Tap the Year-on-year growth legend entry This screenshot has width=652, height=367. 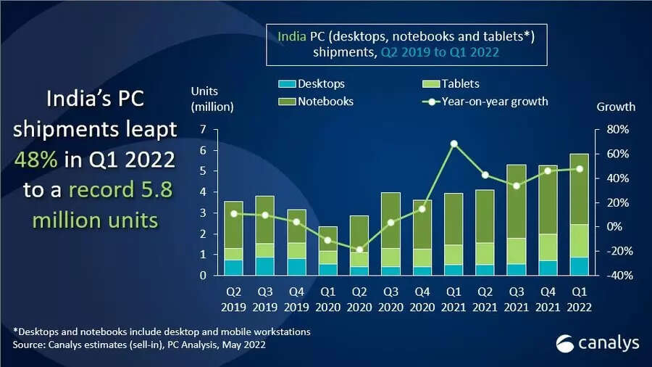pos(485,102)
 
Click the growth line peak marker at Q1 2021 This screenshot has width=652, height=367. pos(454,144)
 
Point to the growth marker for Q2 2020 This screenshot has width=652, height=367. pos(359,250)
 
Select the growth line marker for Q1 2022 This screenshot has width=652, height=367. pos(580,169)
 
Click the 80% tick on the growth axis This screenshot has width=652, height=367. pos(608,130)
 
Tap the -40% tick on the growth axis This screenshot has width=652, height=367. pos(609,276)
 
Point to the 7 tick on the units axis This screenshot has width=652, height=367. pos(203,130)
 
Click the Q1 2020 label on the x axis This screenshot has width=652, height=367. pos(327,300)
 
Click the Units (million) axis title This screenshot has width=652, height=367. pos(212,99)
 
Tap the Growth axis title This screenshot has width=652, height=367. pos(616,107)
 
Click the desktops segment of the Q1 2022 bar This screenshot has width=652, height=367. pos(580,266)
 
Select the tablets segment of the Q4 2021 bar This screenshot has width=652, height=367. pos(548,247)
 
